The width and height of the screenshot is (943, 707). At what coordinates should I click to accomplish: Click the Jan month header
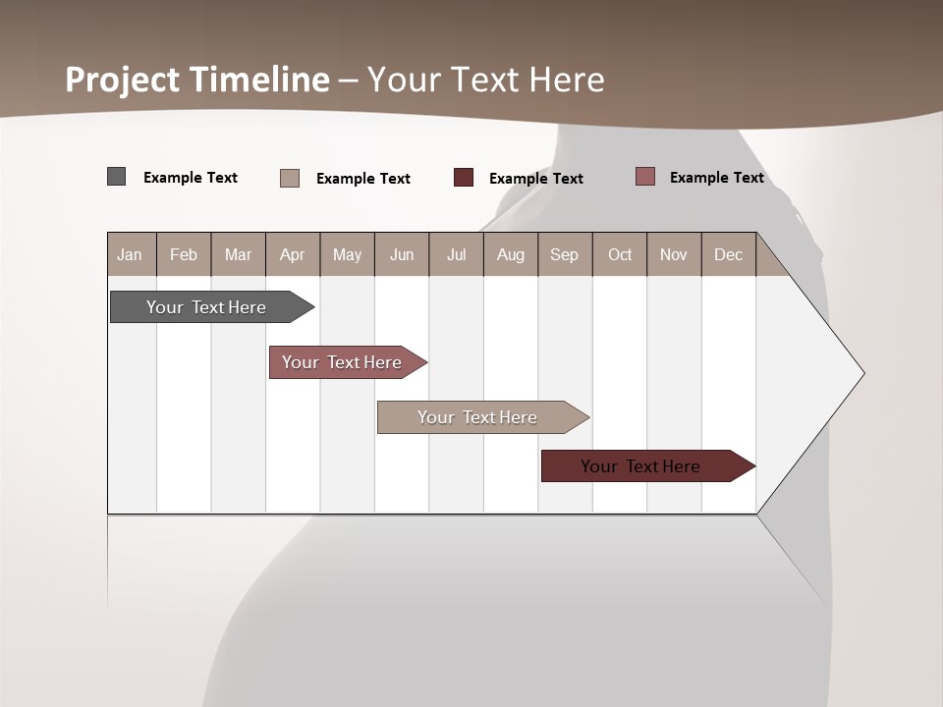131,254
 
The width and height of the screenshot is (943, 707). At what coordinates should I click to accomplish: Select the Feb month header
184,254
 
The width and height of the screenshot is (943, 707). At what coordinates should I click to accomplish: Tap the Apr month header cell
293,254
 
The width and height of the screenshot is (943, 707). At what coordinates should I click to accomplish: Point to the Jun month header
402,254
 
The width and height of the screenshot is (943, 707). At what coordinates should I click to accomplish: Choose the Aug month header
511,254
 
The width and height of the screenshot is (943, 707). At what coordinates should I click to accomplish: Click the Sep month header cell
565,254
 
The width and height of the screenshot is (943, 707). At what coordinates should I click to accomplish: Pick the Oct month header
620,254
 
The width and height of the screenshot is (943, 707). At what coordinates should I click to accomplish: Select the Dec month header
729,254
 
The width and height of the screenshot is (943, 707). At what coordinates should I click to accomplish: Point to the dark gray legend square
116,177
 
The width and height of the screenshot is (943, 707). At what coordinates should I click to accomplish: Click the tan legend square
290,178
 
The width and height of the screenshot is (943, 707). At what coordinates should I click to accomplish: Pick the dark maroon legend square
464,178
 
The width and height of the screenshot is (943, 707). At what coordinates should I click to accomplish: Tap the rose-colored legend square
644,177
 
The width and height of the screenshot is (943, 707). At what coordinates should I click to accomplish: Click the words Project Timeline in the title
196,80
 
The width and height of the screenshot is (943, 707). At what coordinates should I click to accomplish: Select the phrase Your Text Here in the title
486,80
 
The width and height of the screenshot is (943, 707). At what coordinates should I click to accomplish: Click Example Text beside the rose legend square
716,178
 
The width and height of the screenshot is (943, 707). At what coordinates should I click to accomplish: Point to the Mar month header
238,254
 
